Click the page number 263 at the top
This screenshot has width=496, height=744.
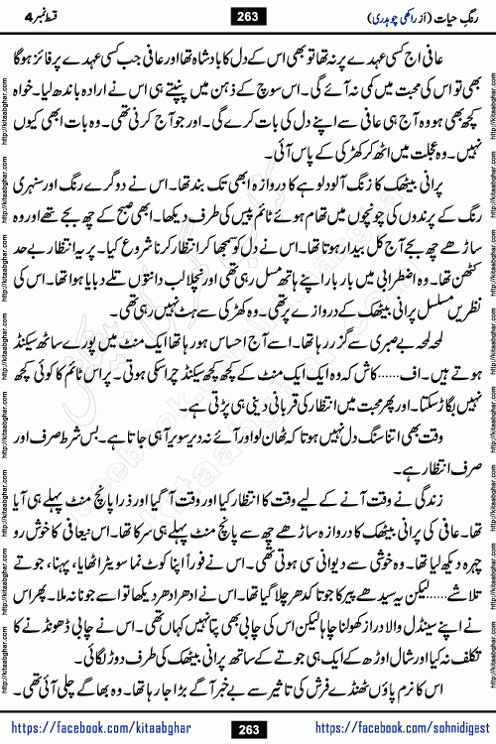247,16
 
